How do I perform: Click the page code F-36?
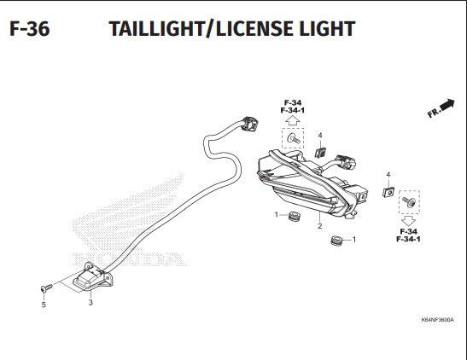(x=30, y=29)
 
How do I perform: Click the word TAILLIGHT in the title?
(x=157, y=29)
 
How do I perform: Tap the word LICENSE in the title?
(x=256, y=29)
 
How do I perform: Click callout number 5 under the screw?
(x=44, y=305)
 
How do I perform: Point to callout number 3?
(x=90, y=303)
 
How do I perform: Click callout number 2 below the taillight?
(x=319, y=226)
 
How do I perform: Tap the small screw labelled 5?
(x=46, y=288)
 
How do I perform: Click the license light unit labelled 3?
(x=93, y=276)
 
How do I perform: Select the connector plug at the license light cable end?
(x=249, y=123)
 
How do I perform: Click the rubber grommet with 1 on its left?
(x=295, y=217)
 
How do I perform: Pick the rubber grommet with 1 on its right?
(x=337, y=241)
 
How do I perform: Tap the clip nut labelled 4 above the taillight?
(x=320, y=153)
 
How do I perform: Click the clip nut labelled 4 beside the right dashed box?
(x=388, y=192)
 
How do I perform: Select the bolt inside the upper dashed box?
(x=294, y=138)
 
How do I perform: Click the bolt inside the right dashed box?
(x=409, y=201)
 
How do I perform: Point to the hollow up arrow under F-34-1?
(x=292, y=120)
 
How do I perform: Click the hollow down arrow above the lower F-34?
(x=409, y=221)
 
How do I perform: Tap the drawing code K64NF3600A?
(x=437, y=320)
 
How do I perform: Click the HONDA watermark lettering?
(x=127, y=258)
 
